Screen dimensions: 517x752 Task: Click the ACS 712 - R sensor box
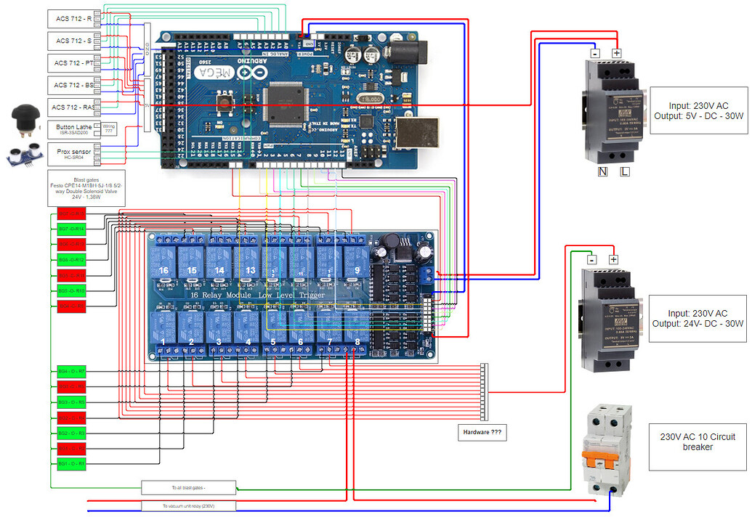point(73,19)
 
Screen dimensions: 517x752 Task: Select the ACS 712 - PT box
point(73,63)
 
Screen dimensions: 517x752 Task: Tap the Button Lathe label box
point(73,129)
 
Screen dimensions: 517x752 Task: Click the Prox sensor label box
point(73,153)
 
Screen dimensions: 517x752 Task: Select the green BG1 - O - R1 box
point(71,463)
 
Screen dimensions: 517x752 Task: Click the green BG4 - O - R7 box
point(71,371)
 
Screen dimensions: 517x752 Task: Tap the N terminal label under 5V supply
point(602,171)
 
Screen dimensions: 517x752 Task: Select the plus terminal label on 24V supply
point(612,259)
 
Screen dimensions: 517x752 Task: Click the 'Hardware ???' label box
point(480,433)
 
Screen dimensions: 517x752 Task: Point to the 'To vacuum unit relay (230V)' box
point(188,506)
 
